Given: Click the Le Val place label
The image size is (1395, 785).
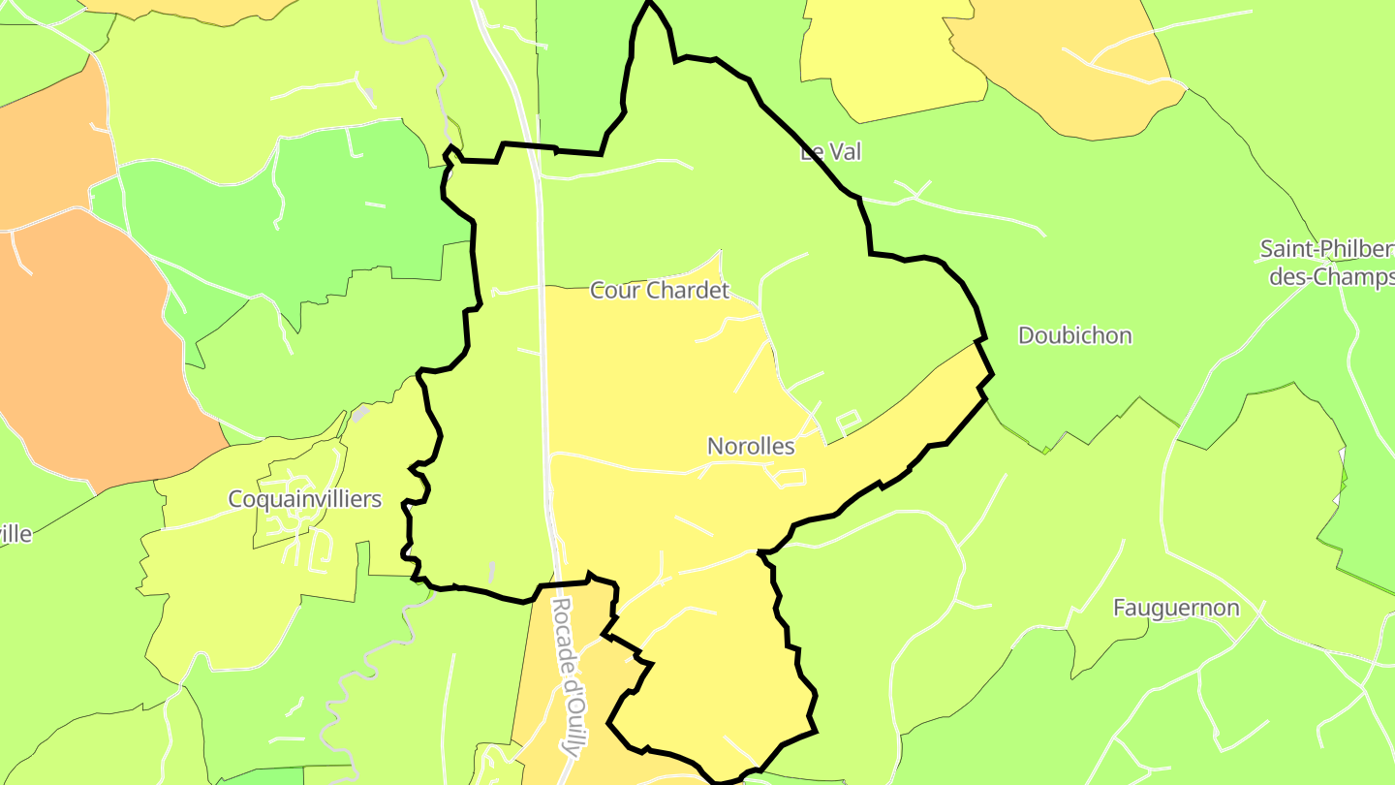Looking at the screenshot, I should coord(830,152).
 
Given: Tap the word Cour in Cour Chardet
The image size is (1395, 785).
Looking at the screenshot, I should coord(615,290).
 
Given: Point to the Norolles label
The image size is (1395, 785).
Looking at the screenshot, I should coord(751,447).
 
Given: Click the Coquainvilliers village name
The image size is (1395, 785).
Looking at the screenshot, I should coord(304,499).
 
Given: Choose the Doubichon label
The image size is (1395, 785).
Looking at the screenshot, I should coord(1074,335).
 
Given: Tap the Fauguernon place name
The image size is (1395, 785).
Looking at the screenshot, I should coord(1176,609).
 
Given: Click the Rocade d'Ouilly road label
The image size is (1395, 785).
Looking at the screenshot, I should coord(570,676).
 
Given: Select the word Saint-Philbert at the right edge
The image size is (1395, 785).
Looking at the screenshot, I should coord(1326,249).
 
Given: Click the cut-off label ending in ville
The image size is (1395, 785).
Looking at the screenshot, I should coord(15,534).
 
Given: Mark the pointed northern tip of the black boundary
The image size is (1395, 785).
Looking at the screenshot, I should coord(650,4).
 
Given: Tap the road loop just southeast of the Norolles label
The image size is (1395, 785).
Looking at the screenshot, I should coord(787,477).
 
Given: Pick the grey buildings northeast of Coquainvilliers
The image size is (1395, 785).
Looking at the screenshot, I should coord(360,415).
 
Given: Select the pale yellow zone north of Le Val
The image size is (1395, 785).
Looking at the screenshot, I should coord(891,58).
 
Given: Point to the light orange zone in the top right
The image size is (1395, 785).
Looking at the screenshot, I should coord(1075,68).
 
